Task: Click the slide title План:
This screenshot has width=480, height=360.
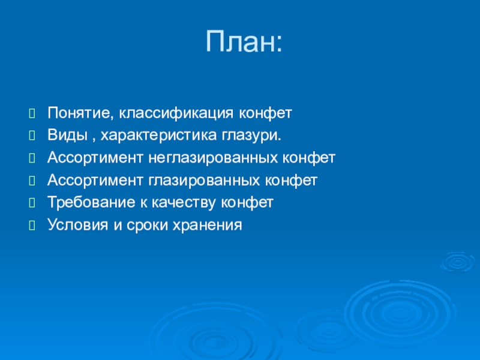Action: (x=244, y=41)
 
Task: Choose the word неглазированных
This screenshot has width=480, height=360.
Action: (x=213, y=158)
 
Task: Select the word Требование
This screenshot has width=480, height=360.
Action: (x=91, y=203)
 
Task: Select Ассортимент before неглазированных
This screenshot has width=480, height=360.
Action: (x=95, y=158)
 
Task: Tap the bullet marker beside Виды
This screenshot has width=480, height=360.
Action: (x=32, y=136)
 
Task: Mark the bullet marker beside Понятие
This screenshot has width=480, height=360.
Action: (x=32, y=113)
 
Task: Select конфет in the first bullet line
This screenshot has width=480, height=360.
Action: (x=265, y=113)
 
